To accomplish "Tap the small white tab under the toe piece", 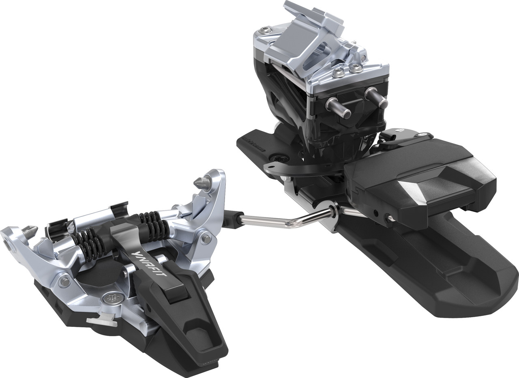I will (100, 322).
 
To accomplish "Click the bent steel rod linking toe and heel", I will (284, 219).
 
